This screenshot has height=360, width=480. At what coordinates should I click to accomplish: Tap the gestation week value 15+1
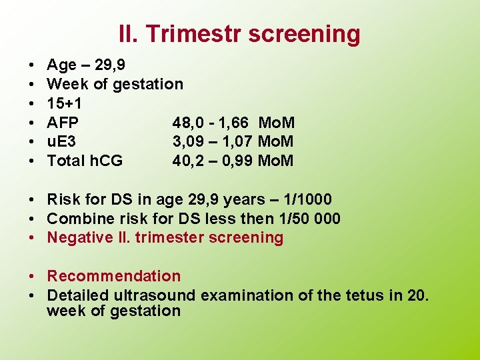tap(65, 103)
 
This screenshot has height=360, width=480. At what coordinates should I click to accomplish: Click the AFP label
tap(63, 123)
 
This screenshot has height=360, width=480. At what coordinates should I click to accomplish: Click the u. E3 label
tap(61, 141)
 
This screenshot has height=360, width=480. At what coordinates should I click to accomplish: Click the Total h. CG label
tap(85, 161)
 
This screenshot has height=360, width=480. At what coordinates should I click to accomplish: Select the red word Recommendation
tap(113, 276)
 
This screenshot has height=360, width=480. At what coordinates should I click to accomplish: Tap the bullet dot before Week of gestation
tap(32, 84)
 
